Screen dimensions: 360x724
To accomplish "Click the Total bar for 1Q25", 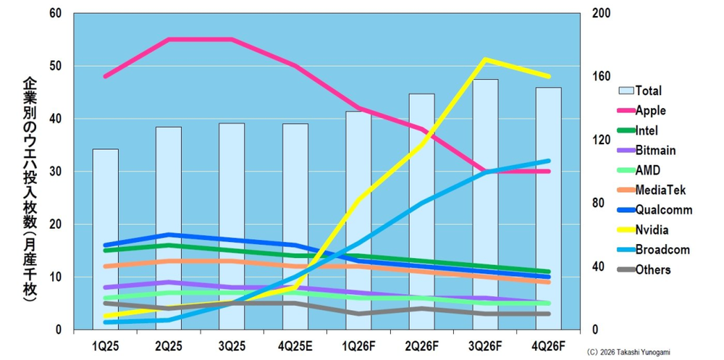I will coord(105,239).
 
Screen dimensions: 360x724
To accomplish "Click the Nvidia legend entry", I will coord(652,230).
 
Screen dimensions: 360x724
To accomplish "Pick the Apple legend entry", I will coord(650,111).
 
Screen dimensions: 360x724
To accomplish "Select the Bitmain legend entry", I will coord(655,151).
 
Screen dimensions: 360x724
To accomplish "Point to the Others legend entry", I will coord(652,270).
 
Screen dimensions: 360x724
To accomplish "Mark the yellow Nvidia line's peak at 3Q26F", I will coord(485,59).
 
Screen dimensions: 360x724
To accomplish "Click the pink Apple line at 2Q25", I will coord(169,39).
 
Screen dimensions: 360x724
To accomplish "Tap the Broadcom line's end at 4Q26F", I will coord(548,161).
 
